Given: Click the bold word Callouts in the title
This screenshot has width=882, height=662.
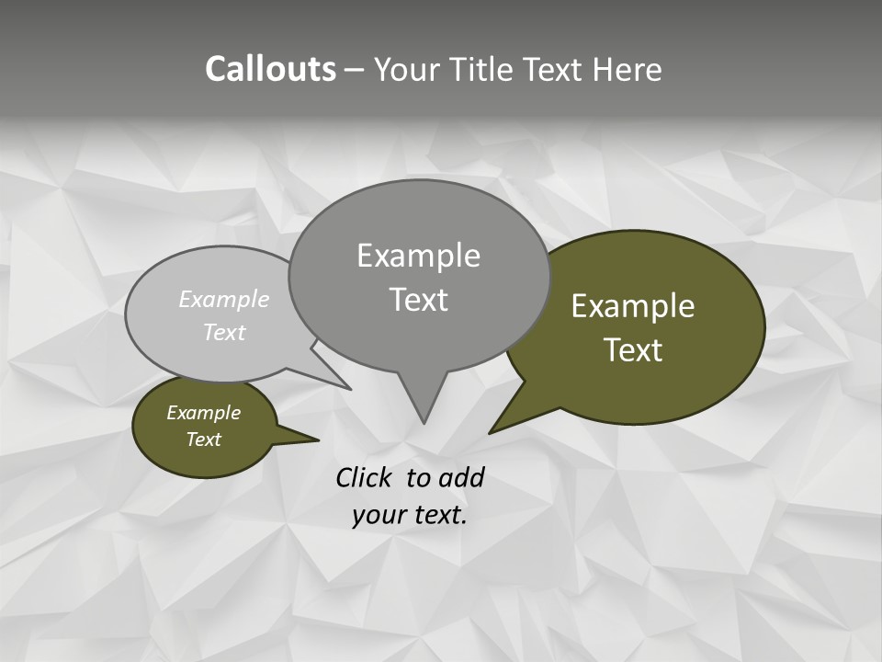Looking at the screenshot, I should (x=270, y=69).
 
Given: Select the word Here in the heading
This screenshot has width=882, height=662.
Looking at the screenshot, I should (x=628, y=69).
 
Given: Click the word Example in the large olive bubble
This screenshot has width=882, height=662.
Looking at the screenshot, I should (x=633, y=306).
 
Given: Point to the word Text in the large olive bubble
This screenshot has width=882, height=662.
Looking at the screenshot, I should (x=633, y=350).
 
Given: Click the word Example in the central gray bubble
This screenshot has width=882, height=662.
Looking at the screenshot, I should (x=418, y=256).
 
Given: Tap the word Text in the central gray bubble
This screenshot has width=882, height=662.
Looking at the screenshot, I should (x=418, y=300).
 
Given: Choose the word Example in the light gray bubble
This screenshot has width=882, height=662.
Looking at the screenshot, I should (x=224, y=299).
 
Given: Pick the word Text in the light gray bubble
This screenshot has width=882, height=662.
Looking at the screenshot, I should (x=224, y=332).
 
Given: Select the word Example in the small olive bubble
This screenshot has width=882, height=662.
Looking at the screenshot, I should (x=204, y=413).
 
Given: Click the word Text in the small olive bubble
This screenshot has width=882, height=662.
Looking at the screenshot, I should (x=204, y=439).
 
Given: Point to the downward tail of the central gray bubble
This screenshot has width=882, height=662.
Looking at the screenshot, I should (x=424, y=405).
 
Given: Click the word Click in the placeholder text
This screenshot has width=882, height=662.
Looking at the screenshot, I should (x=365, y=477).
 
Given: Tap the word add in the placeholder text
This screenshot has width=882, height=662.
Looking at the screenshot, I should (x=461, y=477).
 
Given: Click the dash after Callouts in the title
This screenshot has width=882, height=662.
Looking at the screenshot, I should (x=355, y=70).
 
